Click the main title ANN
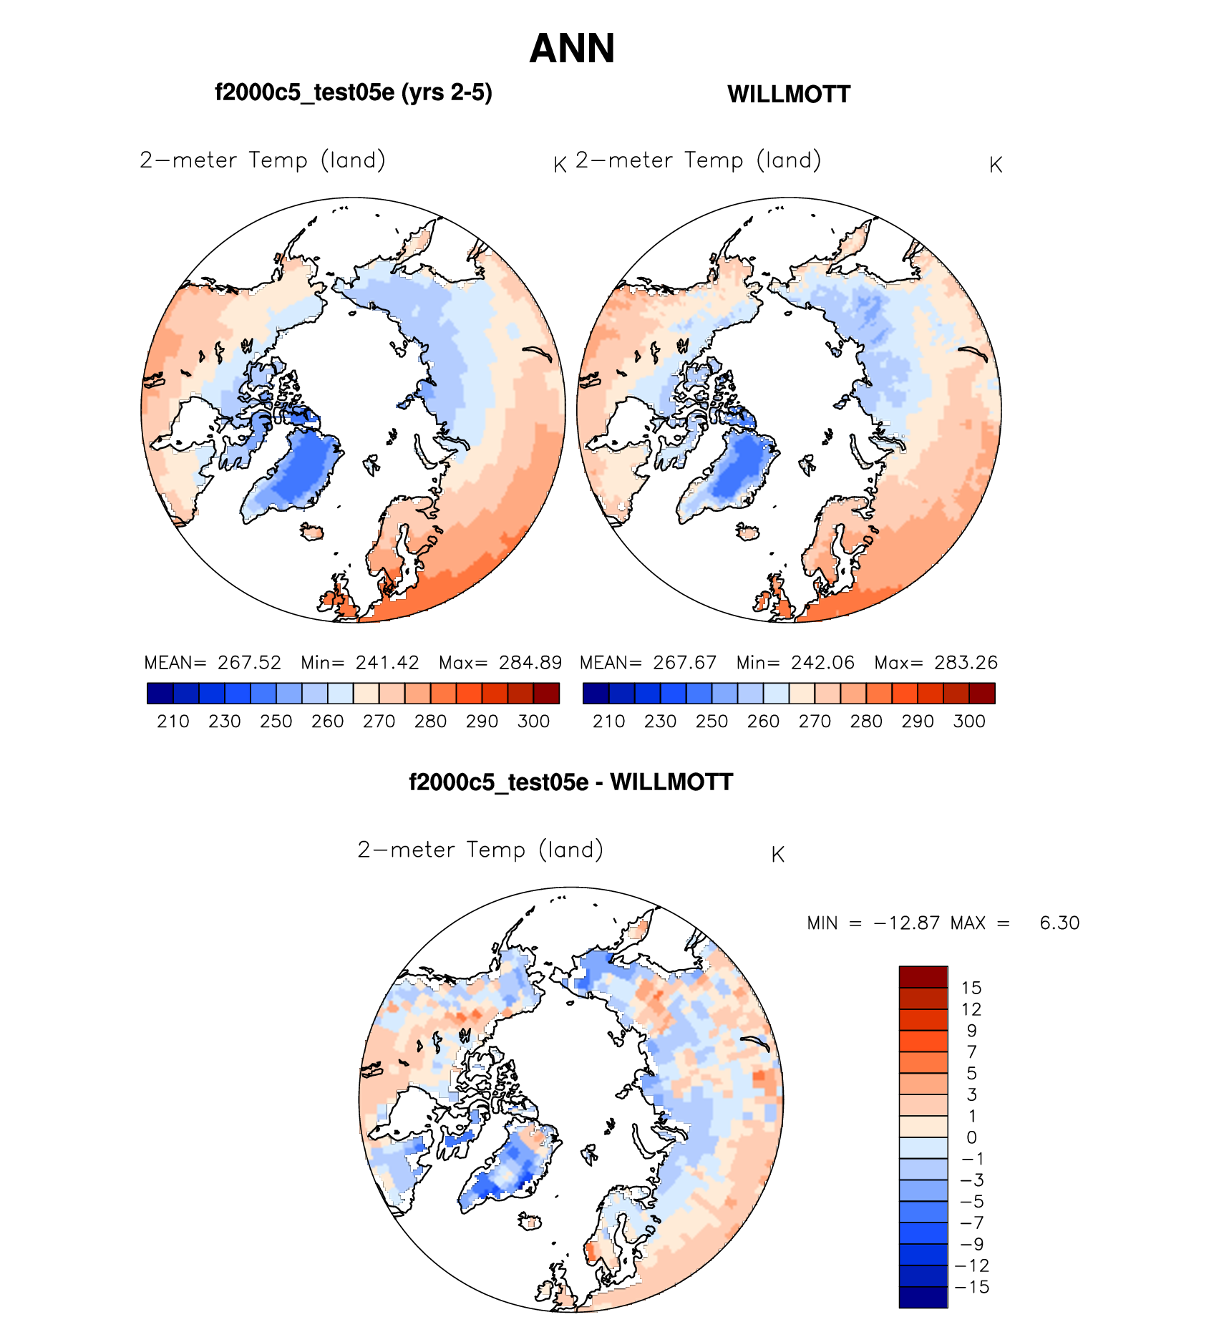coord(572,49)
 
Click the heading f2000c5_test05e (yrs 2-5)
coord(353,92)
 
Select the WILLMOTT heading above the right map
coord(789,94)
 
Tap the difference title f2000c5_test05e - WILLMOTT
coord(570,782)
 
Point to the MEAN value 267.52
coord(249,663)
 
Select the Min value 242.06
coord(822,663)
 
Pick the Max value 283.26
coord(966,663)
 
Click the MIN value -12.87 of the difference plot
coord(906,923)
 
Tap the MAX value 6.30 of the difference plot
coord(1059,923)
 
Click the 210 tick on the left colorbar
coord(173,721)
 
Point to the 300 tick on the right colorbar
coord(969,721)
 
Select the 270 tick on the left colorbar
coord(379,721)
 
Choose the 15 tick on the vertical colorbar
coord(971,988)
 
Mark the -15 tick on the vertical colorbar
coord(972,1287)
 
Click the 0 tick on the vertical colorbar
coord(971,1137)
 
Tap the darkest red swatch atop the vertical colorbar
coord(923,977)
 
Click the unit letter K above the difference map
coord(778,855)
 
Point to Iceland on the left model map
coord(312,533)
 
